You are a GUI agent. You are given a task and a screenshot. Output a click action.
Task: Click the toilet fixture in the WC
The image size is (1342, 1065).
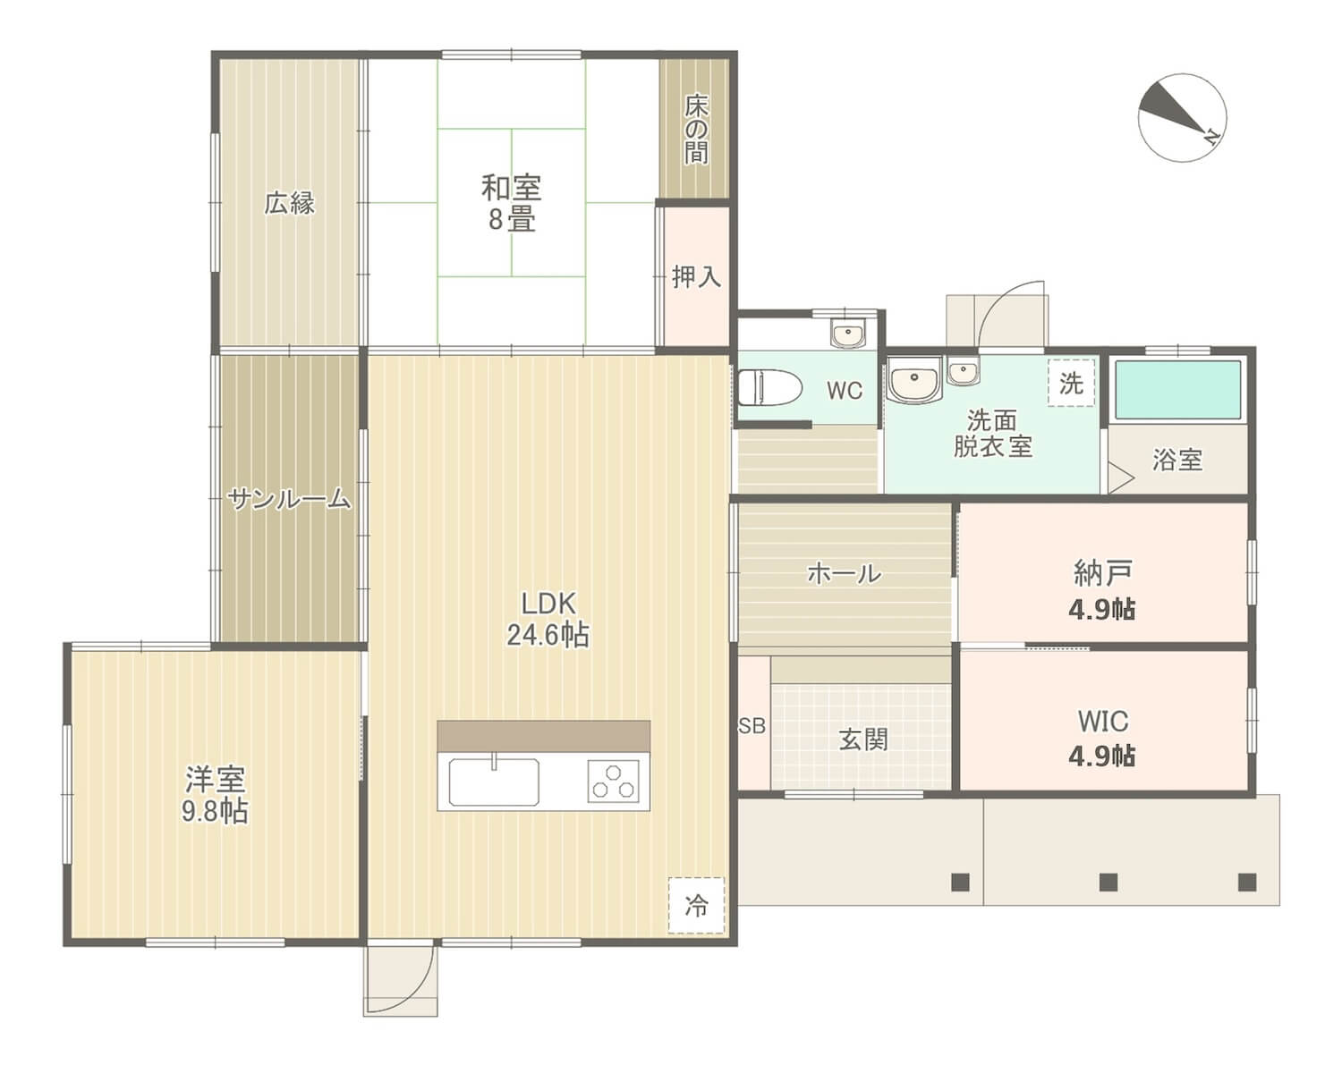(x=769, y=387)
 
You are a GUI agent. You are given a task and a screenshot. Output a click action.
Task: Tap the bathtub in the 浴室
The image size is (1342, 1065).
(x=1177, y=390)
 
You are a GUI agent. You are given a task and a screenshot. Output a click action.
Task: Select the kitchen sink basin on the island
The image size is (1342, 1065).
(x=494, y=782)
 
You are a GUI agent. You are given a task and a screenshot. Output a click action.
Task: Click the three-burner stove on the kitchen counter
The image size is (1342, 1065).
(x=613, y=782)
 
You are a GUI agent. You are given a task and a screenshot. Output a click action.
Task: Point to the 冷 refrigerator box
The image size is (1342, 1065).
(x=697, y=905)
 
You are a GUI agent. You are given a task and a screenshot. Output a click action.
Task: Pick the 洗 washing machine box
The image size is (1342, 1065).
(x=1071, y=383)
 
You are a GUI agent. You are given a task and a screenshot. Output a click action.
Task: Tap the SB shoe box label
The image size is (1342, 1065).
(x=752, y=725)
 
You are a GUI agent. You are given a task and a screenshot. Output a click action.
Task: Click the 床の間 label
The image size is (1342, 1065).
(x=696, y=129)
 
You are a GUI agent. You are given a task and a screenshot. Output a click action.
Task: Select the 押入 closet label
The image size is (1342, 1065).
(x=697, y=276)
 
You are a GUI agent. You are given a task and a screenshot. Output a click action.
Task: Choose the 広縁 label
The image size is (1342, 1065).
(x=289, y=203)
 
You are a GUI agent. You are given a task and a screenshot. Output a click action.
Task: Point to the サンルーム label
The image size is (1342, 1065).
(x=289, y=500)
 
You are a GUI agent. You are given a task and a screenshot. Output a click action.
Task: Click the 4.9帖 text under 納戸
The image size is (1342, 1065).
(x=1102, y=609)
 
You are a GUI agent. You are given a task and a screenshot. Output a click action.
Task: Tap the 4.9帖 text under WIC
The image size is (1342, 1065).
(x=1102, y=756)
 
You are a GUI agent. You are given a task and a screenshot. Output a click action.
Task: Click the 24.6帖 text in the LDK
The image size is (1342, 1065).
(x=548, y=636)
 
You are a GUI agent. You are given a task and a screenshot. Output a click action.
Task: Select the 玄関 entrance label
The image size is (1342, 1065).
(x=863, y=740)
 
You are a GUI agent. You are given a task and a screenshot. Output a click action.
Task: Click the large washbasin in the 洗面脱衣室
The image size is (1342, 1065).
(x=914, y=379)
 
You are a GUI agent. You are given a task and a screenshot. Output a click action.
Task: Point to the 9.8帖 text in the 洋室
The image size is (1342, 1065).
(x=215, y=811)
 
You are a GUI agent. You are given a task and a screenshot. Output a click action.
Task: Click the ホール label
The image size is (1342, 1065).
(x=845, y=573)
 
